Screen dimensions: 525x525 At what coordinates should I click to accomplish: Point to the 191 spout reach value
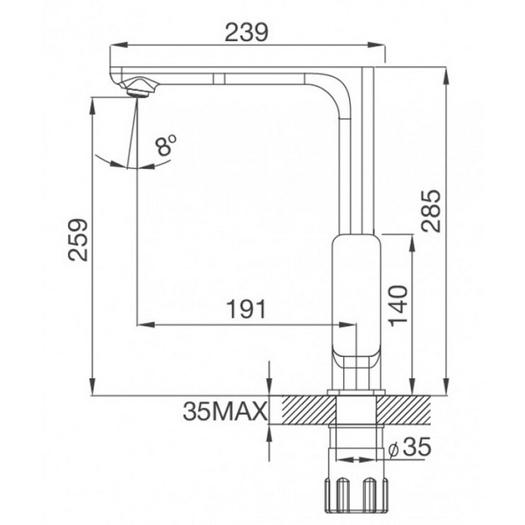click(x=247, y=310)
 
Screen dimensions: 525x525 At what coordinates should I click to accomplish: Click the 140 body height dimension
click(x=398, y=304)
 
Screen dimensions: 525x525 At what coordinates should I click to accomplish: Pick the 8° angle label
click(x=166, y=144)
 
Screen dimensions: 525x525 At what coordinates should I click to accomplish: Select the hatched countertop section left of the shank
click(x=303, y=409)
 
